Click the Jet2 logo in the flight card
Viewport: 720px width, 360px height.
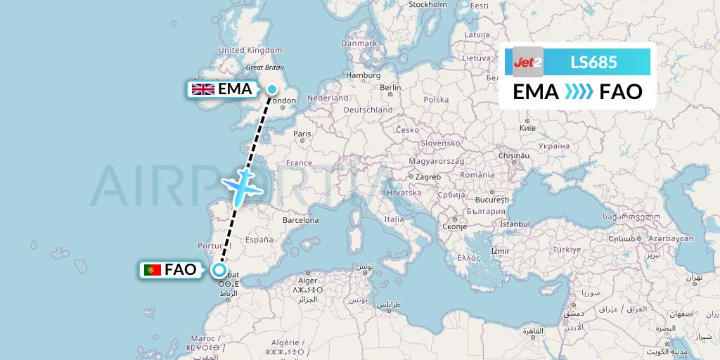[x=527, y=62]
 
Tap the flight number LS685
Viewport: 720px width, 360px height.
[x=595, y=62]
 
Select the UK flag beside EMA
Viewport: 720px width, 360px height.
[x=204, y=89]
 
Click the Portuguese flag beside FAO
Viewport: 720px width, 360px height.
[x=152, y=270]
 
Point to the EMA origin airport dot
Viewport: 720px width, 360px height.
[x=271, y=89]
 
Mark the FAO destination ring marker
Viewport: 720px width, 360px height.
[x=220, y=270]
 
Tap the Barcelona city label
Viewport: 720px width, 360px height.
[x=301, y=220]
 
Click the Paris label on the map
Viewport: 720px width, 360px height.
[x=302, y=134]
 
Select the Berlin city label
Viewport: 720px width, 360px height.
[x=390, y=87]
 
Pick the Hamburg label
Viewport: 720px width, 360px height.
[x=363, y=75]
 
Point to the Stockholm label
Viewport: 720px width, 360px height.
[x=427, y=4]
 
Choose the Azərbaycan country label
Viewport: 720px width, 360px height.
[x=671, y=239]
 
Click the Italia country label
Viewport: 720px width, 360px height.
[x=394, y=219]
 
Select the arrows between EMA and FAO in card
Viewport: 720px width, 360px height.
[x=579, y=92]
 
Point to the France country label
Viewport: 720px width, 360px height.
[x=299, y=163]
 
